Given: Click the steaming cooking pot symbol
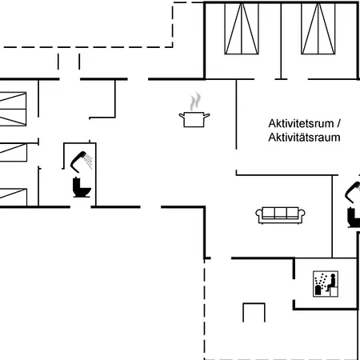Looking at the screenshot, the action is click(194, 110).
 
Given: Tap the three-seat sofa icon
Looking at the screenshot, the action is click(280, 215).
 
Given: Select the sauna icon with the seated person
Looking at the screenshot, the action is click(326, 284).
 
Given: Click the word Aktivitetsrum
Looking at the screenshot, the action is click(301, 123).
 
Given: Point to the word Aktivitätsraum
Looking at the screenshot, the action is click(304, 138).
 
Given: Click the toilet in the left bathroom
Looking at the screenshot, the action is click(82, 187).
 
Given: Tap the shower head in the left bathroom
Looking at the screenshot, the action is click(82, 161).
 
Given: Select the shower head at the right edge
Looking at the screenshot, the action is click(353, 192).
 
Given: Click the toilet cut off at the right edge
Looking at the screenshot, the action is click(354, 218).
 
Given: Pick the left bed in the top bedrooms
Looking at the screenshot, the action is click(242, 29).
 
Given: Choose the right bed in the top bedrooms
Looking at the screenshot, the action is click(318, 29).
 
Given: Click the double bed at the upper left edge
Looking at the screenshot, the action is click(13, 109).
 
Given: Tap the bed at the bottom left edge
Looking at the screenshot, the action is click(14, 197).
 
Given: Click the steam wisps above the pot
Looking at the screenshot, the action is click(195, 102).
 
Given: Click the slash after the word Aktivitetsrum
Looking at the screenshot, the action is click(338, 123).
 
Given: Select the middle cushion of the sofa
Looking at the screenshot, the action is click(280, 213).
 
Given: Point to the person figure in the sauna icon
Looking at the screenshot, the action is click(331, 282).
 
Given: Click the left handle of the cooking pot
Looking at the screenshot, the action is click(182, 116).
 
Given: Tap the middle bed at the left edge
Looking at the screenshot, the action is click(14, 152).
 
